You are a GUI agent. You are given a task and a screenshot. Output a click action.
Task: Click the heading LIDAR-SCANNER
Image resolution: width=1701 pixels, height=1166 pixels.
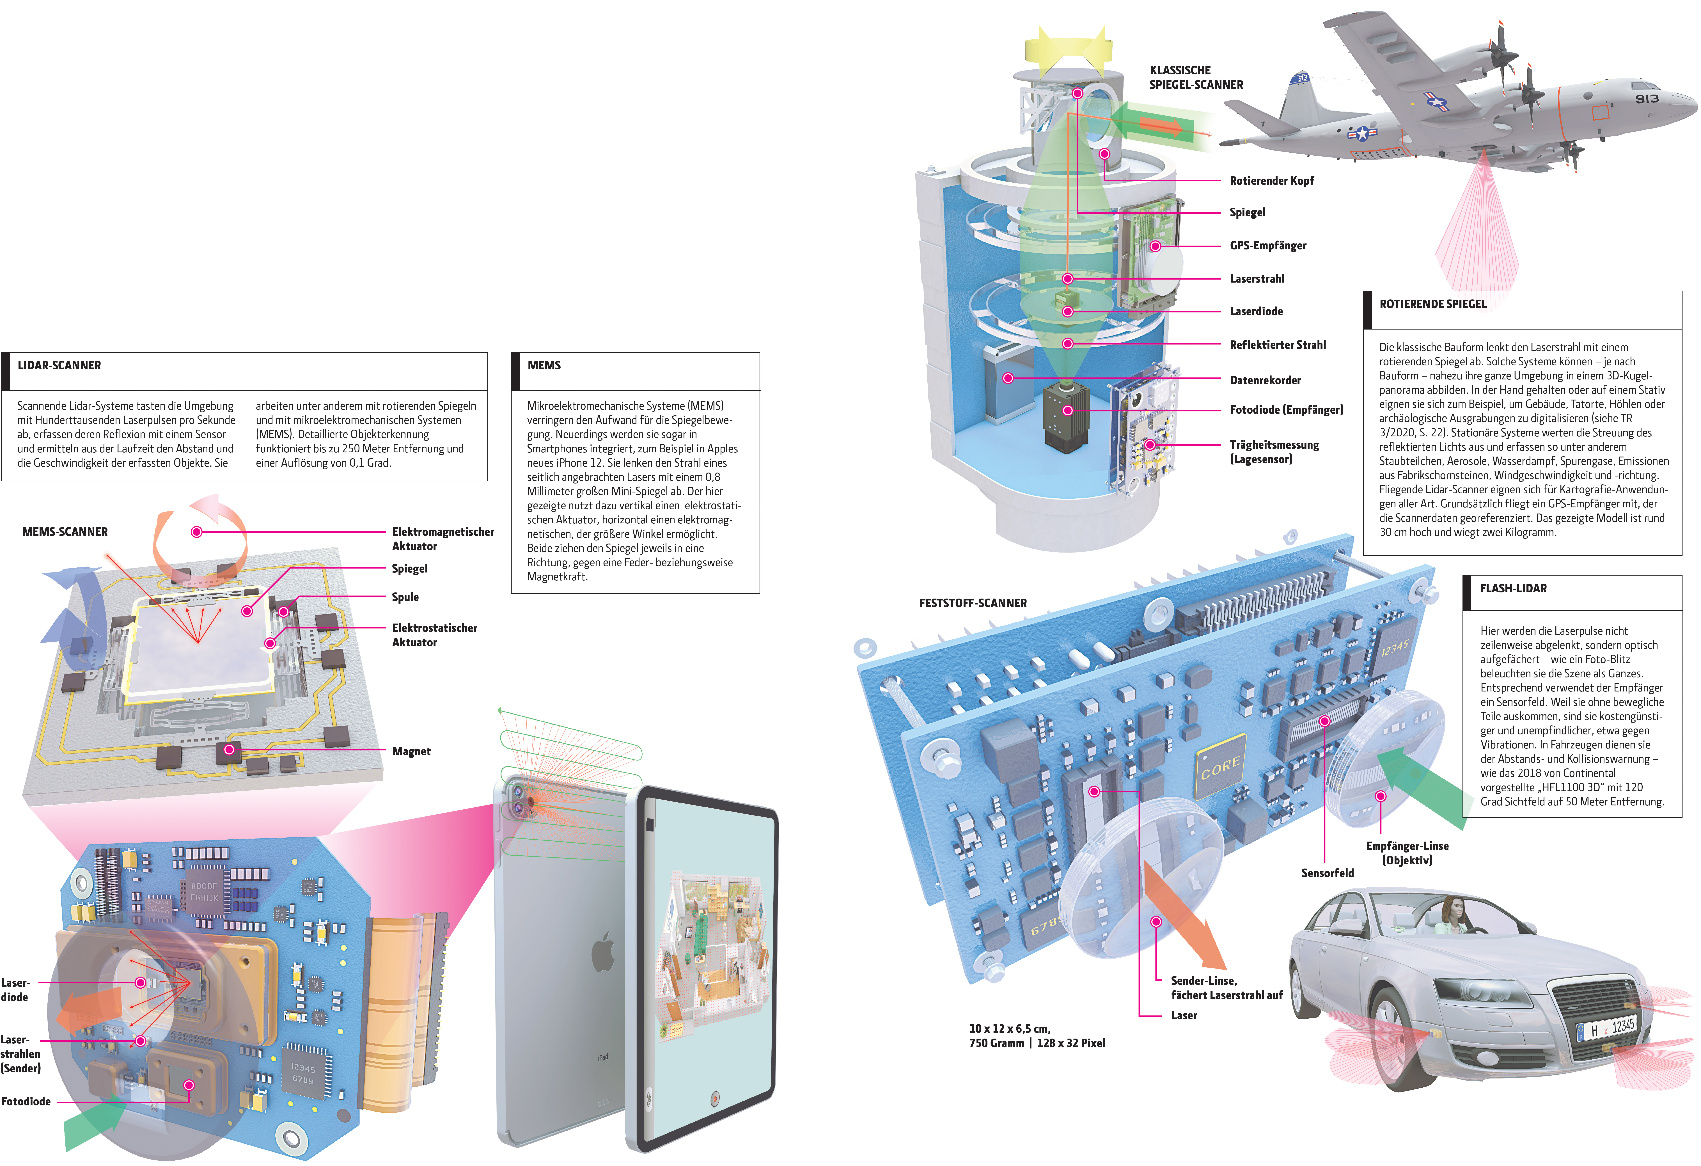pos(59,365)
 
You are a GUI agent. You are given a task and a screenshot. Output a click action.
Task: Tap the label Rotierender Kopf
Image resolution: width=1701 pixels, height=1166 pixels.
pos(1271,181)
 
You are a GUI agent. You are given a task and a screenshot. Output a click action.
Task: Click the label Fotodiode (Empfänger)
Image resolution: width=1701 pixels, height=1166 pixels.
pos(1286,410)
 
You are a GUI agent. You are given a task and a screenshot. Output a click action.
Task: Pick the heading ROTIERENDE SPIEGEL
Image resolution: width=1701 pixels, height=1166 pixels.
pos(1432,304)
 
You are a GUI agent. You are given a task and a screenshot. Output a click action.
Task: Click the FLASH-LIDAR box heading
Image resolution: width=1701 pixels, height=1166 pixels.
pos(1513,588)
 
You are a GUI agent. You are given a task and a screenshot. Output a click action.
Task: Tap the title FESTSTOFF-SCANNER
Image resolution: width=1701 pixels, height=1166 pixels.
pos(973,603)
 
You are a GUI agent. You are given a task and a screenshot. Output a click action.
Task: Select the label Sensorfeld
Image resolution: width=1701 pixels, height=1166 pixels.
pos(1327,873)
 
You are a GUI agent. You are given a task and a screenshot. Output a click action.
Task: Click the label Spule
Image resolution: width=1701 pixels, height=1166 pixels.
pos(405,597)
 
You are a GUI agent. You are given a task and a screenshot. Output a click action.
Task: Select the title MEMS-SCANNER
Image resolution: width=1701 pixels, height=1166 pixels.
pos(65,532)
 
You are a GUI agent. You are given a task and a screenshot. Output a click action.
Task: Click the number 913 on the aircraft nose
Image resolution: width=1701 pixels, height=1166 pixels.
pos(1647,99)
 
